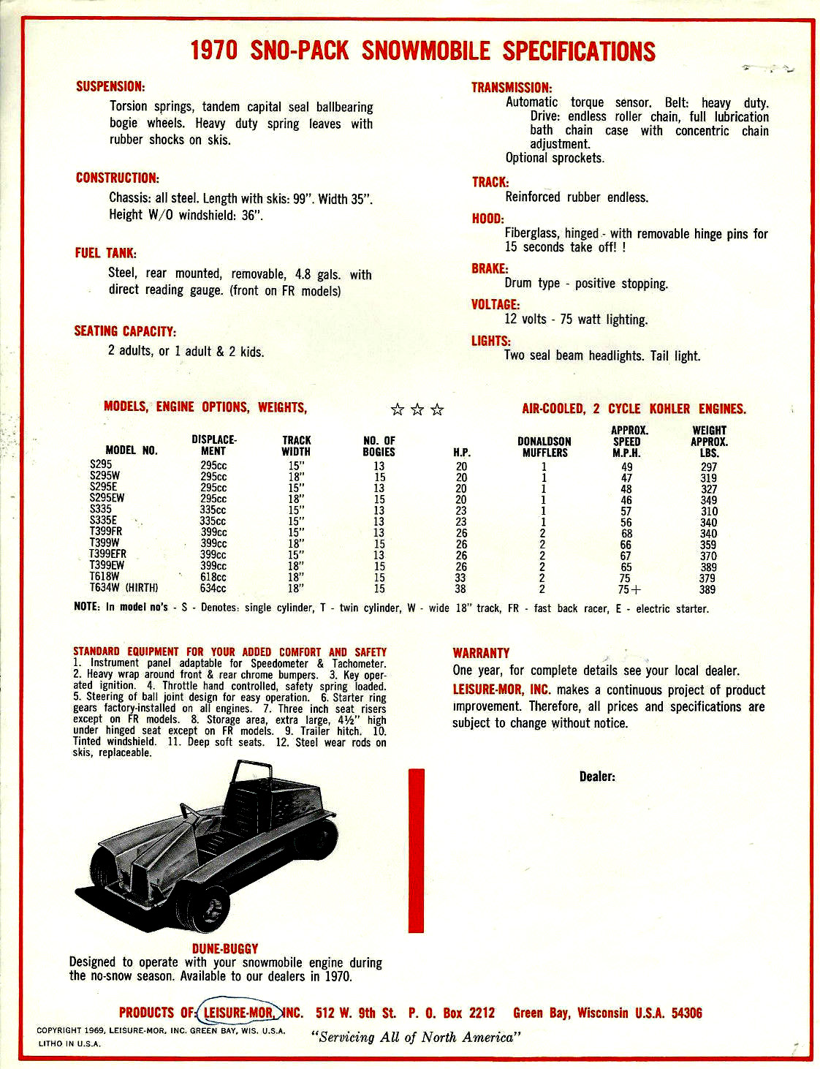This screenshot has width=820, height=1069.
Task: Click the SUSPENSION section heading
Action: pyautogui.click(x=110, y=86)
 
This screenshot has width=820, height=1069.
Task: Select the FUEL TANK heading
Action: pyautogui.click(x=106, y=253)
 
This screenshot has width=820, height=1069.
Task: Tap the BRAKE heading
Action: pyautogui.click(x=490, y=268)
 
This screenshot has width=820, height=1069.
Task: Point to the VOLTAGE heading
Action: pyautogui.click(x=496, y=304)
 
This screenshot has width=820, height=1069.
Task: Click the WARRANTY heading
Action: pyautogui.click(x=481, y=653)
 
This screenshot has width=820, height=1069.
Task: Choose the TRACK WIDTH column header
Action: pyautogui.click(x=296, y=445)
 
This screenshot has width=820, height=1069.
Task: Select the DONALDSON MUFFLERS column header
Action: pyautogui.click(x=544, y=447)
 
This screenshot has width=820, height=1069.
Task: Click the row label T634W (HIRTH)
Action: pyautogui.click(x=124, y=588)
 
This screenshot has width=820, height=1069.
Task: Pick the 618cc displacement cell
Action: pyautogui.click(x=213, y=577)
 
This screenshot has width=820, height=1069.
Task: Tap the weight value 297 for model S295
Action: pyautogui.click(x=708, y=466)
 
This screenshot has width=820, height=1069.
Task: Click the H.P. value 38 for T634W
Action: pyautogui.click(x=460, y=589)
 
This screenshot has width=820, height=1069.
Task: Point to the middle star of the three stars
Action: pyautogui.click(x=417, y=409)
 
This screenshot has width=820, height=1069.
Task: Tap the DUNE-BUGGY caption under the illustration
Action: pyautogui.click(x=225, y=948)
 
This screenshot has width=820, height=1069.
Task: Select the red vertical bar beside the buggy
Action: pyautogui.click(x=416, y=850)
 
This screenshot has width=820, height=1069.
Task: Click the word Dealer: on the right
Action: pyautogui.click(x=597, y=777)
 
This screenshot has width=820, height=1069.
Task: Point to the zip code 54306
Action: pyautogui.click(x=686, y=1013)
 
